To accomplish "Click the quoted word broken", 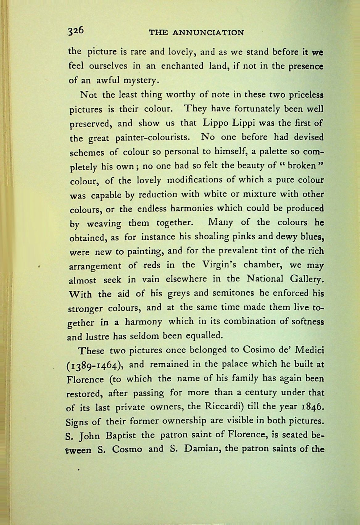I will point(302,166).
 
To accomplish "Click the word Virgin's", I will point(219,265).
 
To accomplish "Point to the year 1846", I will point(312,406).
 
